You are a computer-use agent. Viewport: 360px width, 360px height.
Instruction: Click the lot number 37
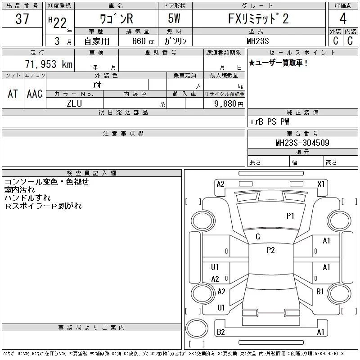22,19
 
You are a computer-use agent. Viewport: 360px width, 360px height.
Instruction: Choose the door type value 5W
175,19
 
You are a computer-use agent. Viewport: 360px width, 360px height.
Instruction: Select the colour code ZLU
74,103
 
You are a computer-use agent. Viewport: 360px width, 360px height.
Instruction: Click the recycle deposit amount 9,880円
229,104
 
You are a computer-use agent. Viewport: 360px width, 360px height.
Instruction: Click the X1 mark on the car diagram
321,184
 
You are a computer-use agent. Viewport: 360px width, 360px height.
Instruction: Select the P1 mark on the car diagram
290,216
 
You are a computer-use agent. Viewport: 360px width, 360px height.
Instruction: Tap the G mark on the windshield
258,237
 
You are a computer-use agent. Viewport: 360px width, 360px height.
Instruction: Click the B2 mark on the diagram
220,333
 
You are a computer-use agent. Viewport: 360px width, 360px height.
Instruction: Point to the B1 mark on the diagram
320,292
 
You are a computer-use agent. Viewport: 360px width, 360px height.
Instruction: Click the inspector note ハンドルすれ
27,198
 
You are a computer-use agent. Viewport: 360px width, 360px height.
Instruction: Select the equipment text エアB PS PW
270,122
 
